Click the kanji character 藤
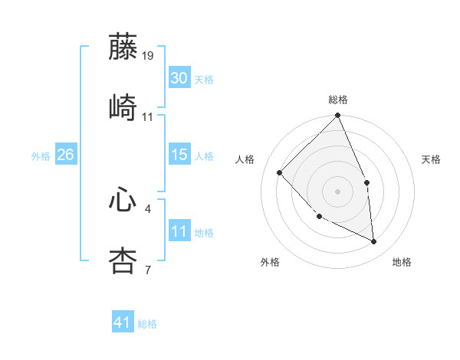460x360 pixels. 123,47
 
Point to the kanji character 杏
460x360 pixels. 123,260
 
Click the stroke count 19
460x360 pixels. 148,56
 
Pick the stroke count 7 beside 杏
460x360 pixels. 147,270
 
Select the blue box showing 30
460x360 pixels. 179,78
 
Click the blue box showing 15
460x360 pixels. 179,155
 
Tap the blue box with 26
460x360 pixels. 65,155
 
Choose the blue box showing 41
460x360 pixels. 123,322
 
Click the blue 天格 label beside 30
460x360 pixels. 204,80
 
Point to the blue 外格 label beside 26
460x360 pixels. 41,156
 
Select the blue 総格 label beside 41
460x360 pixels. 147,324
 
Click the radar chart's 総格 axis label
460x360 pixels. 338,100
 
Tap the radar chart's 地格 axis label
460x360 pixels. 402,262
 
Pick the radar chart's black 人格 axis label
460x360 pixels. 247,159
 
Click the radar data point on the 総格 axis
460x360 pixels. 337,116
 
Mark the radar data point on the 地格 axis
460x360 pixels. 373,241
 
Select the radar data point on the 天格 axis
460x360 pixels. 366,182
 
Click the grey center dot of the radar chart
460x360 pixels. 337,191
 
